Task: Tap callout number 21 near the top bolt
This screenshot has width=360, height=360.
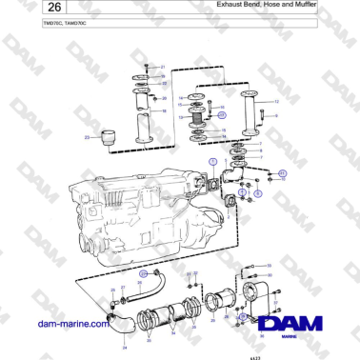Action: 163,67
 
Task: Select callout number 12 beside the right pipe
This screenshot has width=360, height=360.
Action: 275,100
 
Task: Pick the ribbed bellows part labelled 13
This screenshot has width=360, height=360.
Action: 199,120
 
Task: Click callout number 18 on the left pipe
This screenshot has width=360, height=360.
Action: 164,112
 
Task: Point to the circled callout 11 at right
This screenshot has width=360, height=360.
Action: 282,173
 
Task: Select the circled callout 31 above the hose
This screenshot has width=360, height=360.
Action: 144,273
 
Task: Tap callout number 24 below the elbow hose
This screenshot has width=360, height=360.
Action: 125,348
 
